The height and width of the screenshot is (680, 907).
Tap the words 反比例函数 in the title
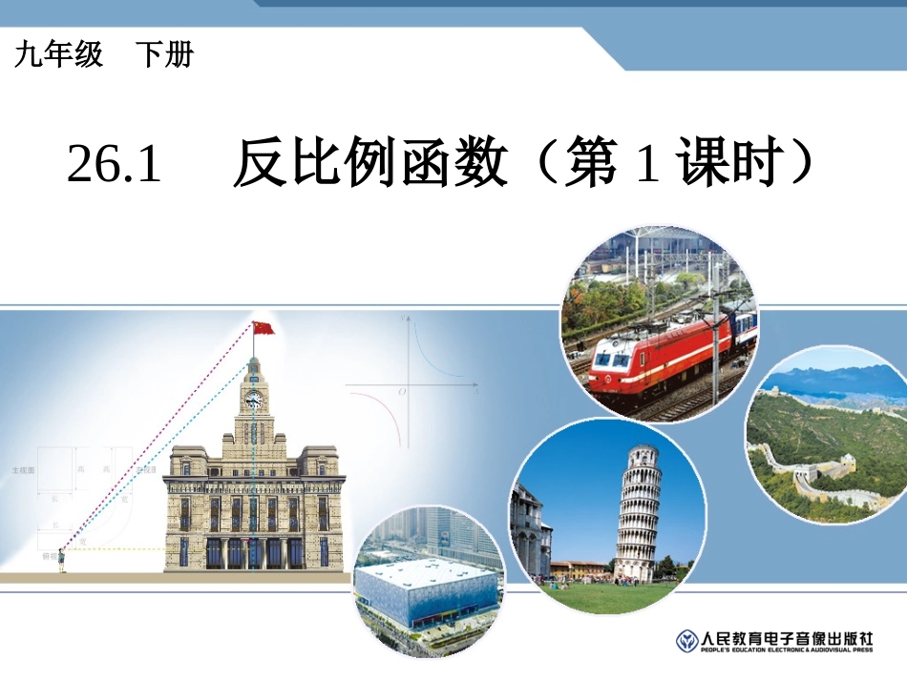pos(370,164)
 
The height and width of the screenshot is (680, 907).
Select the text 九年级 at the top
pos(58,55)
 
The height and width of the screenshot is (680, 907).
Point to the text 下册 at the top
pos(163,55)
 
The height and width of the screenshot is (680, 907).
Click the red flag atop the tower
pos(264,328)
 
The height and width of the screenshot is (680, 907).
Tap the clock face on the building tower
pos(254,401)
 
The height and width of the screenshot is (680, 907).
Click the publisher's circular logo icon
pos(686,640)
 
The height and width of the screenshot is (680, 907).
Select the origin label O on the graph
pos(402,392)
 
